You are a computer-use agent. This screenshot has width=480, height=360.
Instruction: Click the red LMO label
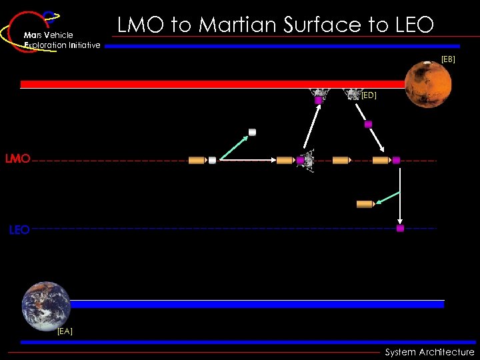(17, 159)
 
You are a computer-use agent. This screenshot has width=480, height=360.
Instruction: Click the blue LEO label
(19, 230)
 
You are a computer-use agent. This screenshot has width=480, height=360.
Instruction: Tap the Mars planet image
(427, 84)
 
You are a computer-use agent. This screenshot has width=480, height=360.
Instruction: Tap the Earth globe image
(46, 305)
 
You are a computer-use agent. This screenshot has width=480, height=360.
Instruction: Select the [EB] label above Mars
(448, 59)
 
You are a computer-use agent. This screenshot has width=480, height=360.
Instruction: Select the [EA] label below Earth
(65, 331)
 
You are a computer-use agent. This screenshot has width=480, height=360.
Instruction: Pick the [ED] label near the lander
(369, 95)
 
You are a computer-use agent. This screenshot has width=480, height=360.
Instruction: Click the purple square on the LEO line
(400, 228)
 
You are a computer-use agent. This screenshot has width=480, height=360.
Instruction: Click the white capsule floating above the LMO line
(252, 132)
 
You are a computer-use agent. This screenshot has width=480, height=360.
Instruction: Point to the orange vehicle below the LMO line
(365, 203)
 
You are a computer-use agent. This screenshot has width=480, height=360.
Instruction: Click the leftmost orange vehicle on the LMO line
(197, 160)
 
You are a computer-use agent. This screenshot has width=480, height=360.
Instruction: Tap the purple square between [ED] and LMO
(368, 124)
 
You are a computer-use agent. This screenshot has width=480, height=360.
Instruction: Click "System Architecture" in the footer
(429, 352)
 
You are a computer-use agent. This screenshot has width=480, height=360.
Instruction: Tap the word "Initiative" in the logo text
(82, 45)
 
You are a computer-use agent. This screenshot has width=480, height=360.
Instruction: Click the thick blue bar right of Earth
(257, 304)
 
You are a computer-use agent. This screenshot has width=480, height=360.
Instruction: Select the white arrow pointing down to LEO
(400, 193)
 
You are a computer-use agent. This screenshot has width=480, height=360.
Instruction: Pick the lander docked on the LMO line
(307, 160)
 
